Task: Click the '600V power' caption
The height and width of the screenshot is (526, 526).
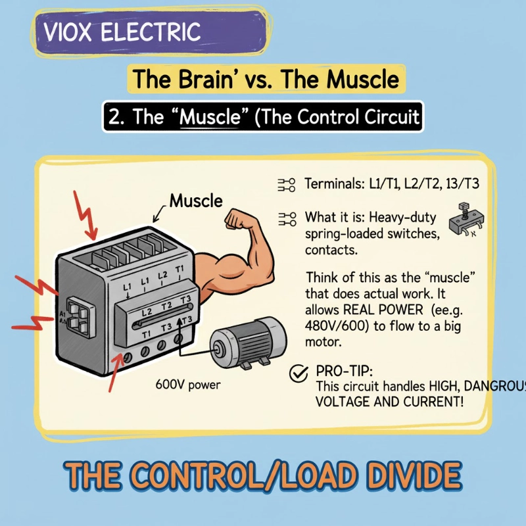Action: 188,385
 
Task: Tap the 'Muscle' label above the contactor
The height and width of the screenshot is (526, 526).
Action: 196,201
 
